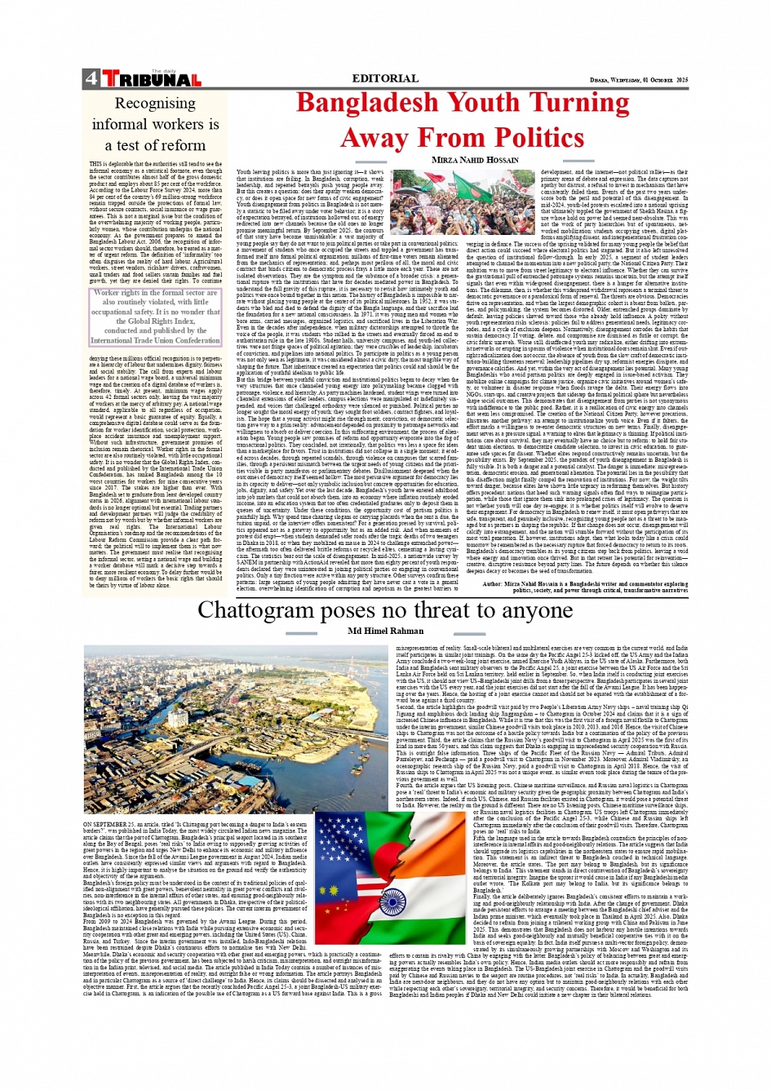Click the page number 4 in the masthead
click(x=90, y=79)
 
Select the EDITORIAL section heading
click(x=384, y=79)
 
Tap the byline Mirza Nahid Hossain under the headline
click(x=475, y=160)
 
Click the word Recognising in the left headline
click(x=155, y=104)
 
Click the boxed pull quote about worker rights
click(x=155, y=317)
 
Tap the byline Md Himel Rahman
click(x=385, y=631)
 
